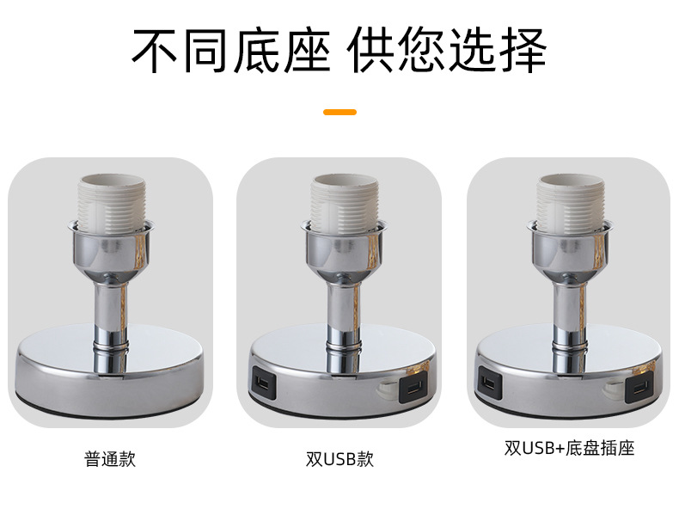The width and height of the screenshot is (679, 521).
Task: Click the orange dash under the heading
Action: click(x=339, y=112)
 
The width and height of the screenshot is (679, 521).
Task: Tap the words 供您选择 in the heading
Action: click(x=447, y=52)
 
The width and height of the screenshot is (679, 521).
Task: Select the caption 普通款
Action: click(x=110, y=458)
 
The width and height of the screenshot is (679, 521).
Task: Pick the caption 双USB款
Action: click(x=339, y=458)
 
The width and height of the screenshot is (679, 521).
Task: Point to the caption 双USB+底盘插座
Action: click(x=569, y=449)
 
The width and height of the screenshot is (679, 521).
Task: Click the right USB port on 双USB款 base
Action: click(x=412, y=389)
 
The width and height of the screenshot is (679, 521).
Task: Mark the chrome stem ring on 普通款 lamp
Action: click(x=110, y=347)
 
